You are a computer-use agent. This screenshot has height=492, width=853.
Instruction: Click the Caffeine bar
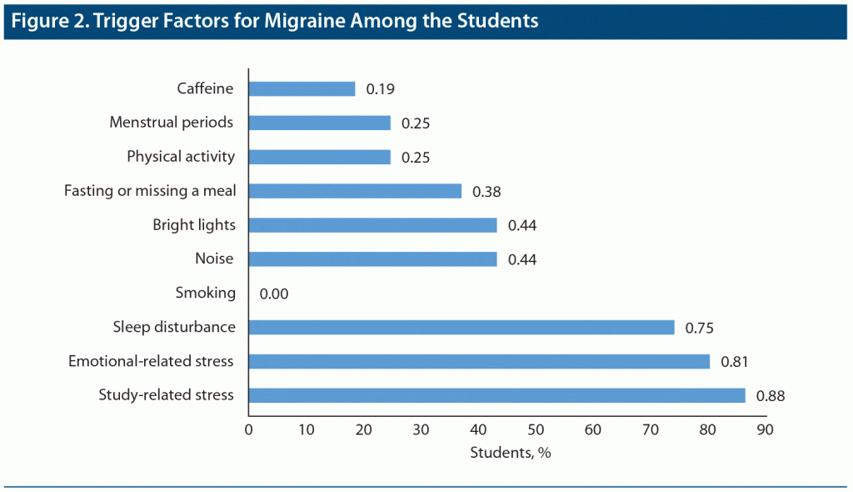pos(302,88)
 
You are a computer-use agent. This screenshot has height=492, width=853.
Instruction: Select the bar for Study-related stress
pos(496,395)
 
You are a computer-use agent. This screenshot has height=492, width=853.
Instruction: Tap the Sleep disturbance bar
pos(461,327)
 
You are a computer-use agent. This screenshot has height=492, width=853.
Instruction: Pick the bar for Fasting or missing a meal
pos(355,191)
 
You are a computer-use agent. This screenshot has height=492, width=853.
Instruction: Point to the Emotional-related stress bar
pos(479,361)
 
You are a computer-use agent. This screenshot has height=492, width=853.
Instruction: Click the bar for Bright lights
pos(372,225)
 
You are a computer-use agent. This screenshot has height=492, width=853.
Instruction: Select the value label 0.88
pos(771,396)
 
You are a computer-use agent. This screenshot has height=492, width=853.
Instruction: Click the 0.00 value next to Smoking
pos(274,294)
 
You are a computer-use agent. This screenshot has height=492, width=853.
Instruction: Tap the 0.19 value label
pos(381,88)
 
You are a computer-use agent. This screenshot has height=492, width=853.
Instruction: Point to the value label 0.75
pos(700,328)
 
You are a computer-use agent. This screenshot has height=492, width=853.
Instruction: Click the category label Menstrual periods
pos(171,123)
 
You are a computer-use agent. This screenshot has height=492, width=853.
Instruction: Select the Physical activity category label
pos(181,157)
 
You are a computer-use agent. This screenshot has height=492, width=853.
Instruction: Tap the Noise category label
pos(214,259)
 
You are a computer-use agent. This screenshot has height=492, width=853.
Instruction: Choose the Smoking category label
pos(206,294)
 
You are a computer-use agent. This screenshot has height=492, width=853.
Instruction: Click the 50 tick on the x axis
pos(535,430)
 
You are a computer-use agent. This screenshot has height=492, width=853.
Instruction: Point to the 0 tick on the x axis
pos(248,430)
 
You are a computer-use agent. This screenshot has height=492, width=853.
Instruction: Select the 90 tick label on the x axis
pos(765,430)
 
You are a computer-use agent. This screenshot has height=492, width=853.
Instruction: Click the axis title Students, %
pos(511,454)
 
